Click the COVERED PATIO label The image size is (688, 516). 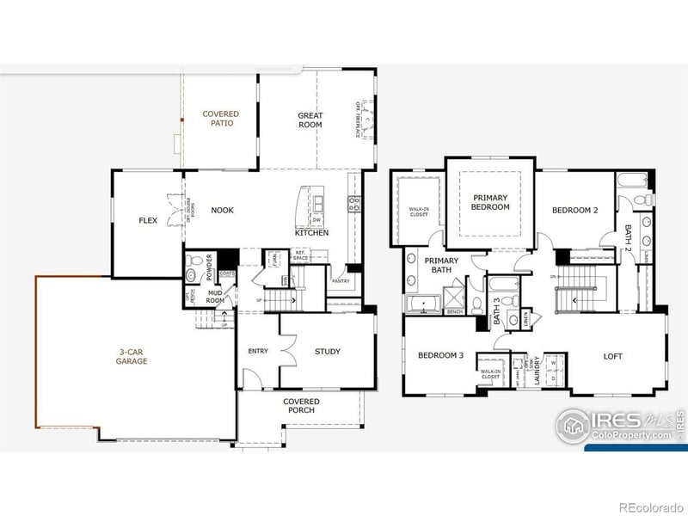pos(221,119)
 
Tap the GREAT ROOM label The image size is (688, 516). pos(310,120)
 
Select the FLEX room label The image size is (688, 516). pos(148,220)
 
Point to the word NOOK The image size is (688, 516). pos(222,210)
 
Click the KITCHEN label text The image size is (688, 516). pos(311,233)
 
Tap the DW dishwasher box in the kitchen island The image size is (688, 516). pos(318,218)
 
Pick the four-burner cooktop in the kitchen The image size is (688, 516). pos(353,204)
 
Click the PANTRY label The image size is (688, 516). pos(341,280)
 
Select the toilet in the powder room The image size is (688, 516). pos(192,275)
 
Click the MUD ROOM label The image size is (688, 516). pos(215,297)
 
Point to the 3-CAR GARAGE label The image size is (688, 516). pos(132,356)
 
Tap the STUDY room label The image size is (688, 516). pos(328,351)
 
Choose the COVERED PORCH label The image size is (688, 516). pos(301,406)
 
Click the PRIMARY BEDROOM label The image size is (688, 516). pos(491,202)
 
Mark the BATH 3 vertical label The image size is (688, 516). pos(497,310)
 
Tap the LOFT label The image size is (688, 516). pos(612,356)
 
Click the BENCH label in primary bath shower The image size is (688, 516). pos(455,311)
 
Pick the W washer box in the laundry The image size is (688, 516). pos(553,361)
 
